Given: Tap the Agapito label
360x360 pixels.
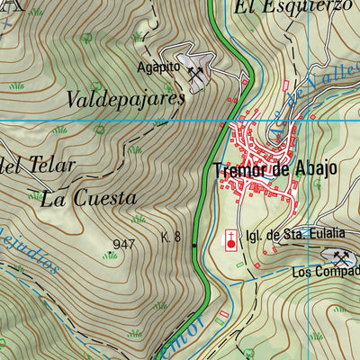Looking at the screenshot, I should (x=159, y=67).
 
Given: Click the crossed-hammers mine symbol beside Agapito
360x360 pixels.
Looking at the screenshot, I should (x=197, y=73).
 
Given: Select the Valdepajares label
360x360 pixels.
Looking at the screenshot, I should (x=125, y=100).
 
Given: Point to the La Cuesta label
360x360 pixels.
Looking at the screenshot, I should (x=88, y=198).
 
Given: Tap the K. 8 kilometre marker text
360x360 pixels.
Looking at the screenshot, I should (x=171, y=238).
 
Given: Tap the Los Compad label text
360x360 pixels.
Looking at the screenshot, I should (x=325, y=273).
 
